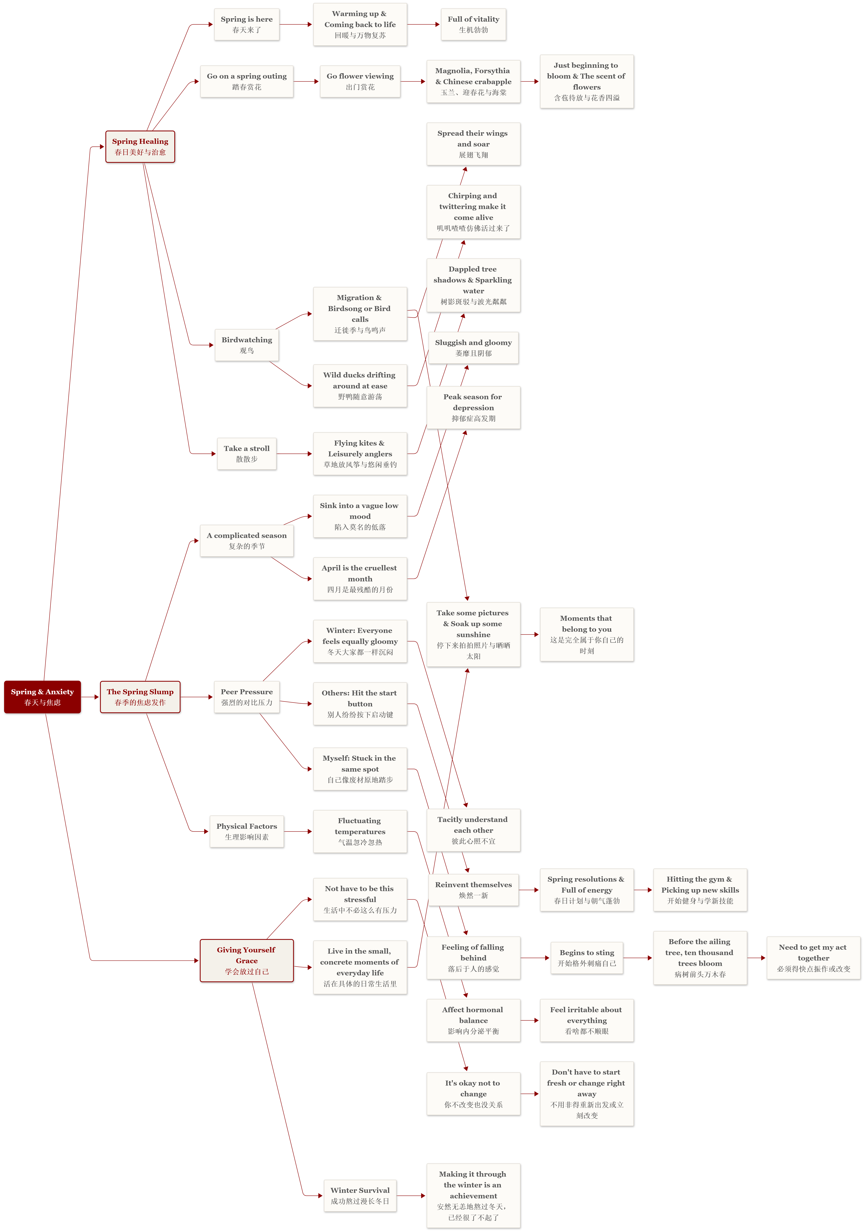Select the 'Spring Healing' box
click(140, 146)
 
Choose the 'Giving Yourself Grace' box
click(247, 960)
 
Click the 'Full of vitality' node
click(474, 24)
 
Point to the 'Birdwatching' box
click(247, 345)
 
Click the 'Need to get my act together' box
click(814, 958)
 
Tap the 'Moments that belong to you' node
click(587, 634)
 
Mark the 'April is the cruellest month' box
click(360, 579)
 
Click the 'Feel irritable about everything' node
click(587, 1020)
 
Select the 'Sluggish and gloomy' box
click(474, 347)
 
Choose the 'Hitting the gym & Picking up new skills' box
click(700, 890)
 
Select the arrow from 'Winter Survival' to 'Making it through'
click(411, 1196)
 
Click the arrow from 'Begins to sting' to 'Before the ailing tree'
click(638, 958)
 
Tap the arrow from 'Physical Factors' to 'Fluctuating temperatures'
click(298, 832)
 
